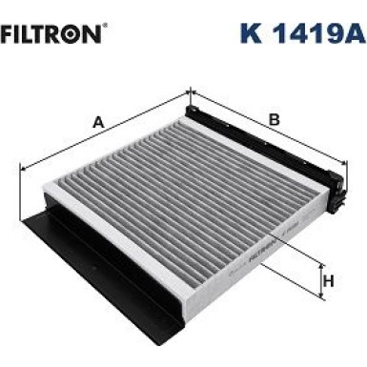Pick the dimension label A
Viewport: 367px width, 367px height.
pyautogui.click(x=97, y=121)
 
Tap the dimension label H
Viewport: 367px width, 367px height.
pyautogui.click(x=328, y=280)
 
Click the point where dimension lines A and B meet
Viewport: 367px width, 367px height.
pyautogui.click(x=190, y=92)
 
